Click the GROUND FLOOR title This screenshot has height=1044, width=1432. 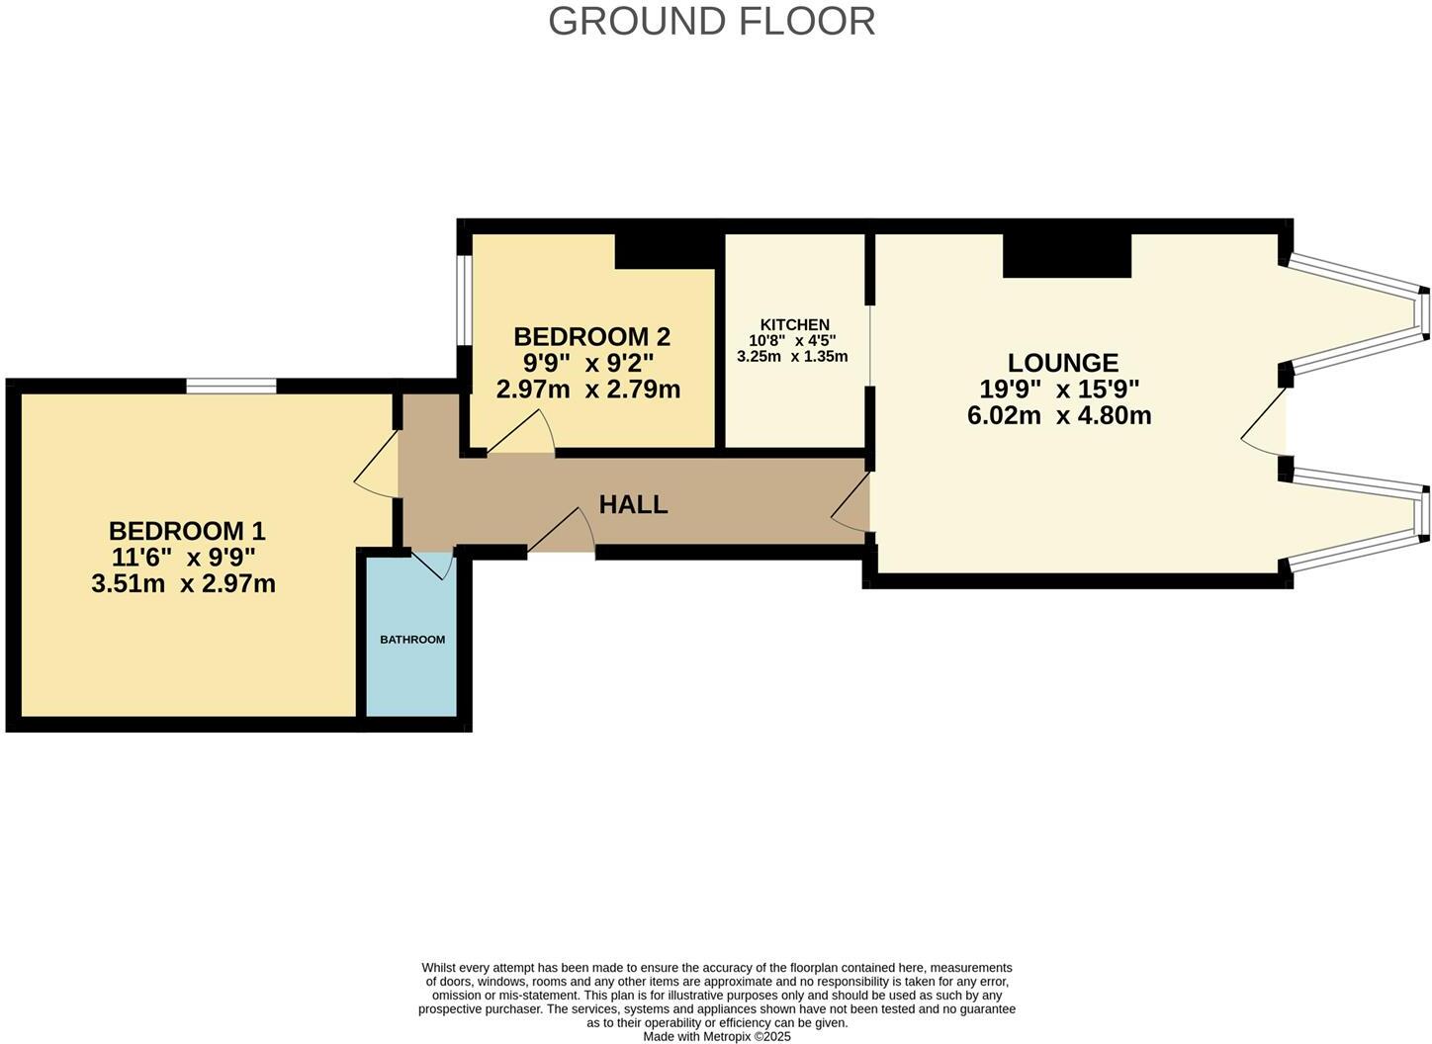[711, 22]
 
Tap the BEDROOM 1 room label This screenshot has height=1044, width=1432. [187, 531]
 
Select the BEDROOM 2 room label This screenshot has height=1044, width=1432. [591, 337]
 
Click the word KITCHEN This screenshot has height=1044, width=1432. [794, 324]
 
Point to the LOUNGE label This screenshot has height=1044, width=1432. [1062, 363]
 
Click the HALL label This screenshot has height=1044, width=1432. [633, 504]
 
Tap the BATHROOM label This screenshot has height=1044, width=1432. [412, 640]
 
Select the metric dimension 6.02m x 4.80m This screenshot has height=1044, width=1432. [1059, 415]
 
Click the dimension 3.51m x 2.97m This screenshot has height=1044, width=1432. [183, 584]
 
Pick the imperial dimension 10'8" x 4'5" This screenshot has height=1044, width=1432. [792, 340]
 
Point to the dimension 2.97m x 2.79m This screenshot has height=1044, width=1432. [588, 390]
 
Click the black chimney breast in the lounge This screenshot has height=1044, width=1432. [1067, 255]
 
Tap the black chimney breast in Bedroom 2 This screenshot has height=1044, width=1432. [665, 250]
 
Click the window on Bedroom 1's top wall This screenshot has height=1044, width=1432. [231, 386]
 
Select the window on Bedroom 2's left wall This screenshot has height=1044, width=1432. [463, 301]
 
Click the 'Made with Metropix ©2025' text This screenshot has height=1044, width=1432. [717, 1037]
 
